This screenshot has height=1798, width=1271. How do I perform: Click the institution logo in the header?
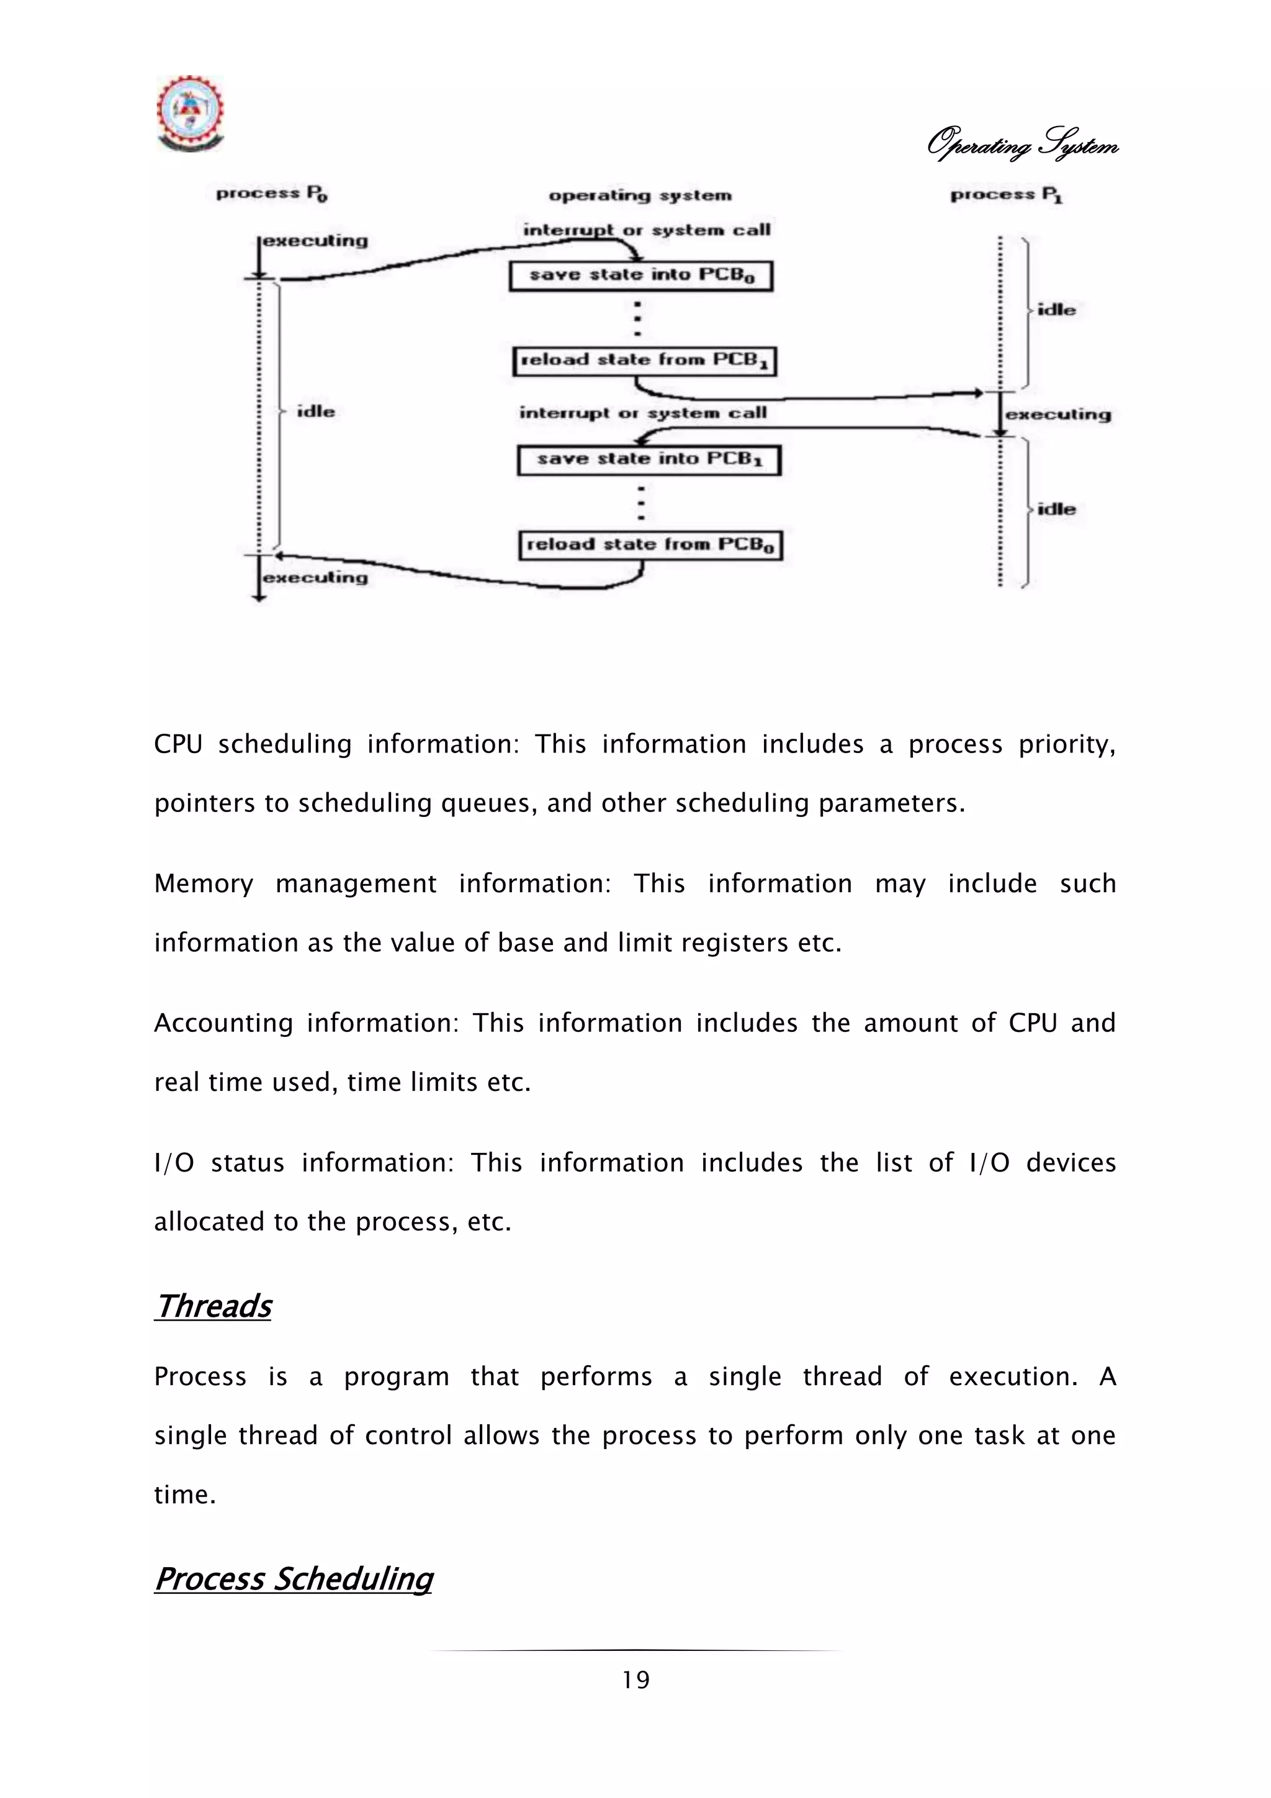pos(190,114)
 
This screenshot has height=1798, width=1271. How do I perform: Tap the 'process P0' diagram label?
pos(272,194)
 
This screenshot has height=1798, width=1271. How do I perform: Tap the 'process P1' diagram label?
pos(1007,195)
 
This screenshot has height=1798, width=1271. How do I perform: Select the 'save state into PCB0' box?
pos(641,276)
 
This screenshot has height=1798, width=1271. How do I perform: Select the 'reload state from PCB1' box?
pos(644,361)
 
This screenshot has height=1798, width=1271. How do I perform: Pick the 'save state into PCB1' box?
pos(649,459)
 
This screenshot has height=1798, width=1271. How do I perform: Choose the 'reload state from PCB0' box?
pos(650,545)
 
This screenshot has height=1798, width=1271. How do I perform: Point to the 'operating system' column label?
pos(640,196)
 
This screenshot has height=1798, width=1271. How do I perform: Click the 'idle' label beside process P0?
pos(315,412)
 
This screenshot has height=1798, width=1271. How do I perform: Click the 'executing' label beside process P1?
pos(1058,414)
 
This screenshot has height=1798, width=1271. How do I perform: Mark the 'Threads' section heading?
pos(213,1306)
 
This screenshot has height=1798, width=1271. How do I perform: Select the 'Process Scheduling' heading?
pos(294,1578)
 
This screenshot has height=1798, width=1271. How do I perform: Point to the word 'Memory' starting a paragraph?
pos(204,883)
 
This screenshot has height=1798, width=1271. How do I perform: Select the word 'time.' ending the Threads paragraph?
pos(185,1495)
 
